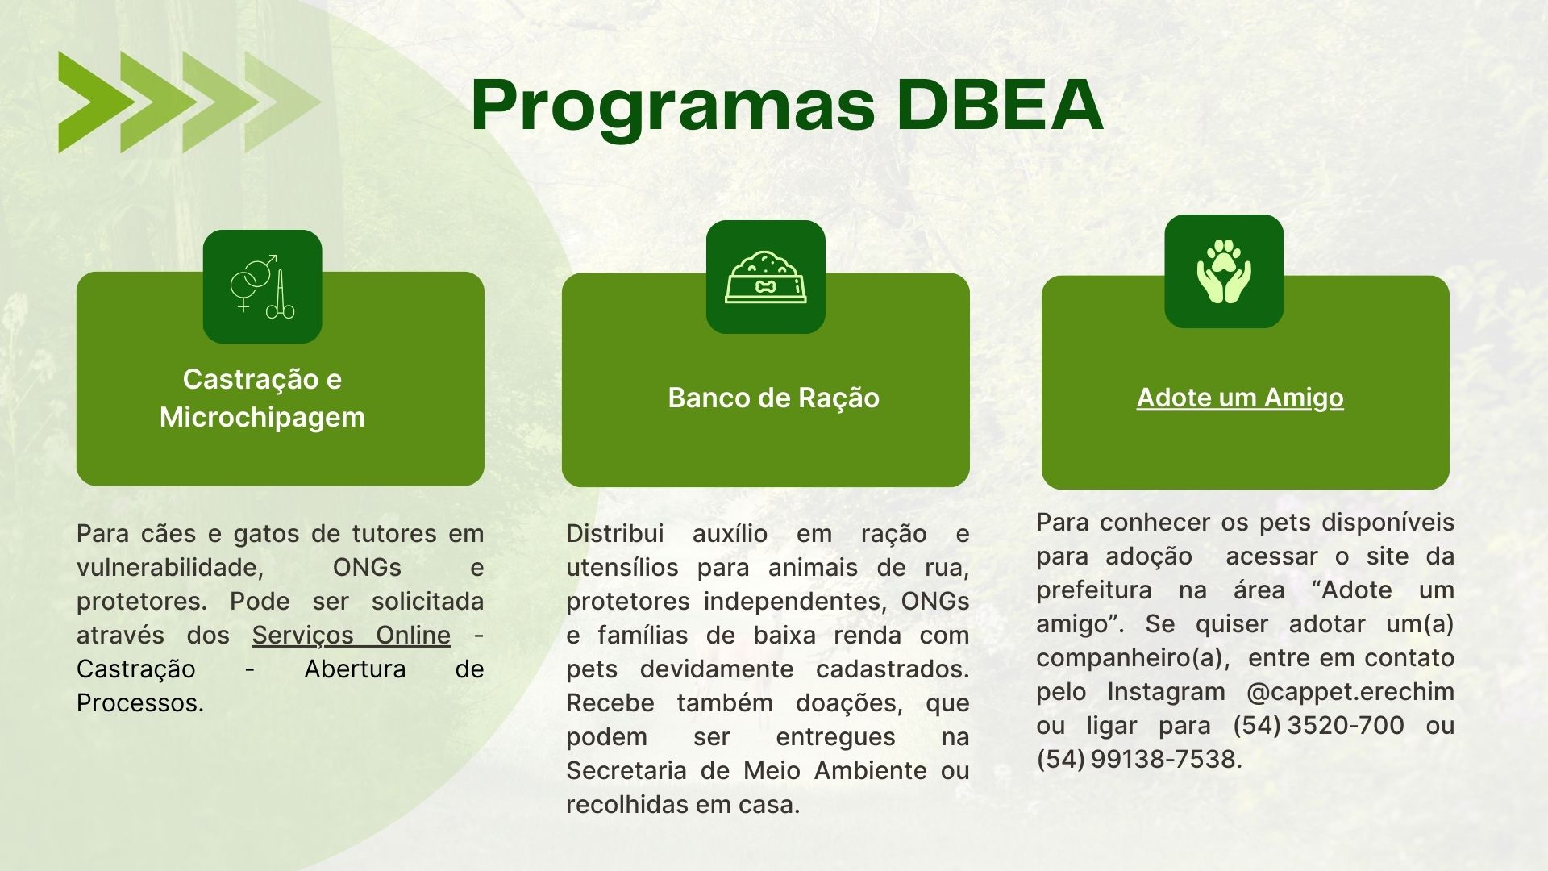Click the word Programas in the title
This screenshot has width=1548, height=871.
coord(673,106)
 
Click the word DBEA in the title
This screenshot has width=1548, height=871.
coord(1000,105)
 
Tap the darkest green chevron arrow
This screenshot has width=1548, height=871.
coord(93,102)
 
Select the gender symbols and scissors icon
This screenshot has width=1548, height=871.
coord(263,286)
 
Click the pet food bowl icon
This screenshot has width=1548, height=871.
coord(766,277)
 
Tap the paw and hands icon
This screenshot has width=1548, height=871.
coord(1224,271)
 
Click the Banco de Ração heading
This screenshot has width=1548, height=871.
coord(773,398)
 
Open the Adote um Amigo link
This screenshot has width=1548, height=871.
coord(1240,398)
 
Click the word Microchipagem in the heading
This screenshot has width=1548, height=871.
coord(262,418)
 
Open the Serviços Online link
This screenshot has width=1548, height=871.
coord(351,636)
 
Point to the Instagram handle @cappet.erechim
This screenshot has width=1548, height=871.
coord(1350,692)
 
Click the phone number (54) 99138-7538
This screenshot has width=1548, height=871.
coord(1137,760)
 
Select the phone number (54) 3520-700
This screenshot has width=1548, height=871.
coord(1318,726)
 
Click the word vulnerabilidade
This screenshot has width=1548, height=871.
coord(170,568)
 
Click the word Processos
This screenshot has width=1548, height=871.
coord(139,703)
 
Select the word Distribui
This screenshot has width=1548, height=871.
coord(615,534)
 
